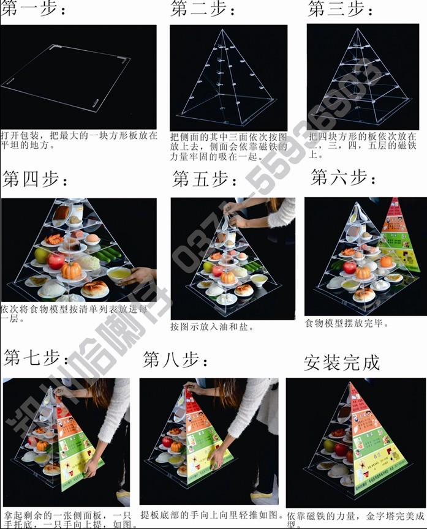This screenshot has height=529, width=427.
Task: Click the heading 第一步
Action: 33,11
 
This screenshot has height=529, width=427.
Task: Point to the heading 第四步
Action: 36,179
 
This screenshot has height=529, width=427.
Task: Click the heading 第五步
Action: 205,179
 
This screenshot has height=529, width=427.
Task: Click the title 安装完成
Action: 342,362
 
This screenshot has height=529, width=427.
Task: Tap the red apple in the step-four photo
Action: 56,261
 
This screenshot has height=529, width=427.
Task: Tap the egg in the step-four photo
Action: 94,238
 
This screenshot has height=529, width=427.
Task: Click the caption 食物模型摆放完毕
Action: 346,323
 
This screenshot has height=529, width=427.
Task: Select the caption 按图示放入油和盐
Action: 212,326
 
